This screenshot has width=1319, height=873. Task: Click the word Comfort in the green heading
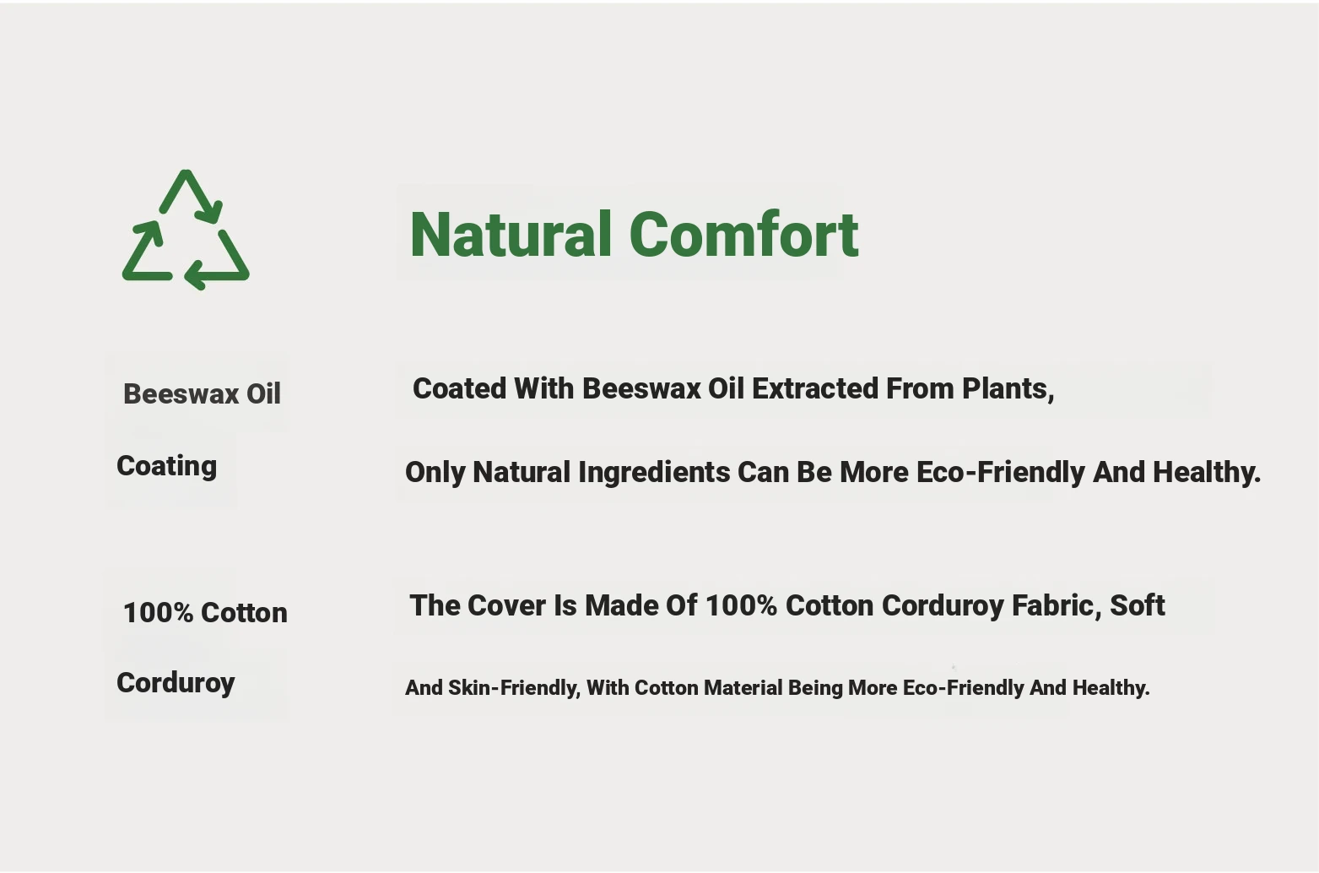[x=743, y=235]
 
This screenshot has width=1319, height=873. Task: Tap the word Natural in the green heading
[x=511, y=234]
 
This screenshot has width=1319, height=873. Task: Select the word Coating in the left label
[x=166, y=466]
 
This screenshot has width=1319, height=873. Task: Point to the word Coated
[x=459, y=388]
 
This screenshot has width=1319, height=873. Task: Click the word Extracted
[x=815, y=388]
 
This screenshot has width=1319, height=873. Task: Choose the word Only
[x=435, y=473]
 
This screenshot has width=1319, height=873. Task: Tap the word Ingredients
[x=654, y=473]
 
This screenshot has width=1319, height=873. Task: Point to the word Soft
[x=1138, y=605]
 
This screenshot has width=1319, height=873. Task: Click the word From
[x=921, y=388]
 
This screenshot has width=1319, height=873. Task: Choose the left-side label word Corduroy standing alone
[x=176, y=684]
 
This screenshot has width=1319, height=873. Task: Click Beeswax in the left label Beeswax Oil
[x=181, y=394]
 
